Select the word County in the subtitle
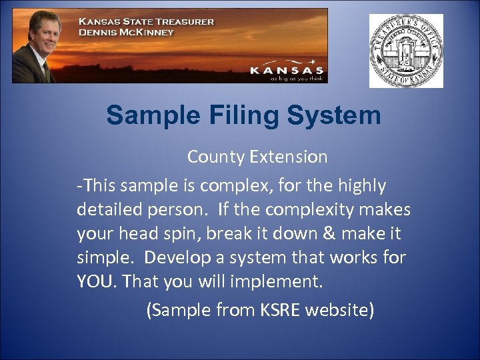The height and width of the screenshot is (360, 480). [216, 157]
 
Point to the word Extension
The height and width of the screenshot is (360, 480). [289, 157]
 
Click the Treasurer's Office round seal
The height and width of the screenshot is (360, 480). [406, 51]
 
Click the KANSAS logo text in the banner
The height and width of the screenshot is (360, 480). [287, 69]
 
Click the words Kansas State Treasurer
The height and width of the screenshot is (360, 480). [146, 21]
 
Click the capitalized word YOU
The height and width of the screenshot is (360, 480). [95, 281]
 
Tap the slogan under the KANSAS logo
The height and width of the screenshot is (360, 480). [297, 77]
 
